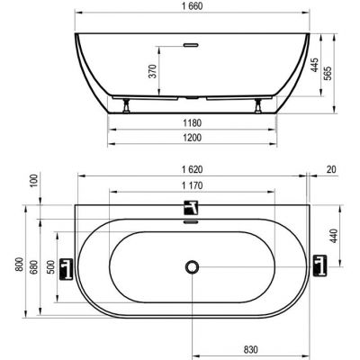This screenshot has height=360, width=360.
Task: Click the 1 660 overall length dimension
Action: point(192,6)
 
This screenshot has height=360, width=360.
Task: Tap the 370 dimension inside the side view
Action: point(153,71)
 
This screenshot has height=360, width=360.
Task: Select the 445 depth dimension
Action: point(314,65)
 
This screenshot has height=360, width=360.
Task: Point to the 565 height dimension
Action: point(328,73)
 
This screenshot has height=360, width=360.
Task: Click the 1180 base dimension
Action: point(192,123)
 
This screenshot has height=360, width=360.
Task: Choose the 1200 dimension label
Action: point(192,138)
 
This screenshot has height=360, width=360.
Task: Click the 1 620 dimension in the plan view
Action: point(192,170)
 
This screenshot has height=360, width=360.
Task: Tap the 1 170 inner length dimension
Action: point(192,185)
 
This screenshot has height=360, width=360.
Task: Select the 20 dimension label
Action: point(331,170)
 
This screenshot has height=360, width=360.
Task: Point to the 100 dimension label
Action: point(35,181)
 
